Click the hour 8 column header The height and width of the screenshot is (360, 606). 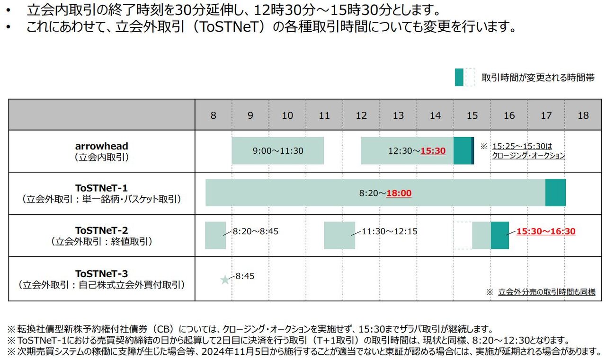[213, 115]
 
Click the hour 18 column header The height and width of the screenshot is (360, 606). [583, 115]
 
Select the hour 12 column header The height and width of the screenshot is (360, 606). [361, 115]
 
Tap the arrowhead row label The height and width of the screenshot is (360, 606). [102, 151]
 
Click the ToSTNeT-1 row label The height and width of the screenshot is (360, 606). [102, 193]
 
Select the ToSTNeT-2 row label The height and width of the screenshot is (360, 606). [102, 236]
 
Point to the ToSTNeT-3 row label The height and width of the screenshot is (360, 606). [102, 279]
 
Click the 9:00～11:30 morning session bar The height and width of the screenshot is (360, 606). [277, 151]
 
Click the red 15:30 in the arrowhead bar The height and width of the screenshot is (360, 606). [433, 151]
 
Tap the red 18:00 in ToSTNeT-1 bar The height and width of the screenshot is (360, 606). [399, 193]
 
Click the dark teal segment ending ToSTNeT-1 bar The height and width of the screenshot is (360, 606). [555, 193]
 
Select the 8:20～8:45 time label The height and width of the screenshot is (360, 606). [255, 232]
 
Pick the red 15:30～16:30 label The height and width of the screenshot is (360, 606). [545, 231]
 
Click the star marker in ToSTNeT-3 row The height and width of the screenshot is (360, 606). [225, 280]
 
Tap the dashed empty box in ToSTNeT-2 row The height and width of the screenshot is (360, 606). [463, 235]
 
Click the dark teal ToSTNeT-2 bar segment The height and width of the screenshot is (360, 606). [499, 235]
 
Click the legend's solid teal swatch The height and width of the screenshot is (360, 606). [459, 77]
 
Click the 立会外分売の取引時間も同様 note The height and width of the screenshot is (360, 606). [546, 292]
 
